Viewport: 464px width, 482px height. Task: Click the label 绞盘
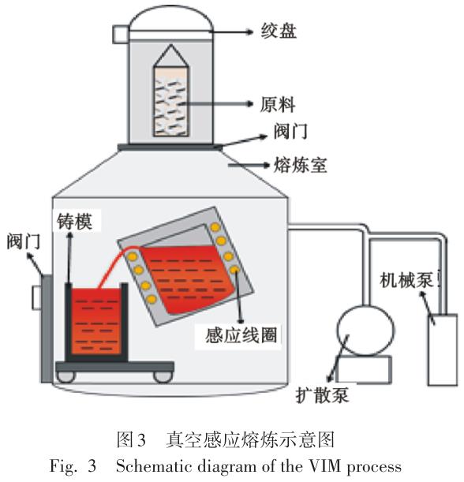tap(279, 31)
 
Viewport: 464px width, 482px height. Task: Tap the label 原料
tap(278, 105)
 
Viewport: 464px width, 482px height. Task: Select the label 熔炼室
tap(300, 165)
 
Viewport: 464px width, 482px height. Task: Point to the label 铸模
tap(75, 222)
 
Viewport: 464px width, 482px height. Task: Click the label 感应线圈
tap(241, 334)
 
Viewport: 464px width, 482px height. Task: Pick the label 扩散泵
tap(322, 394)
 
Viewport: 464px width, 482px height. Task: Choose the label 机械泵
tap(406, 280)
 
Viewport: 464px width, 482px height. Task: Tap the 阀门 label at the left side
tap(24, 241)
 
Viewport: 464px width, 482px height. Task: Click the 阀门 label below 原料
tap(290, 131)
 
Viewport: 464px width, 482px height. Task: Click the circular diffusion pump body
tap(365, 331)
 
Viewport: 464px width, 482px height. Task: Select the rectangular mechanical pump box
tap(443, 349)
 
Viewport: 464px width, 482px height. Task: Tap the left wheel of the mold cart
tap(65, 377)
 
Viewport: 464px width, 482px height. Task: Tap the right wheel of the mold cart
tap(163, 377)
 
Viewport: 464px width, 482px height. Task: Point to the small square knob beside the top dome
tap(121, 34)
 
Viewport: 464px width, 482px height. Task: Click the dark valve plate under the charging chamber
tap(170, 148)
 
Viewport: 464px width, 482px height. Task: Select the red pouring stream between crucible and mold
tap(114, 264)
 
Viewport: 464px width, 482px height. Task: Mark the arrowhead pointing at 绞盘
tap(249, 32)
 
